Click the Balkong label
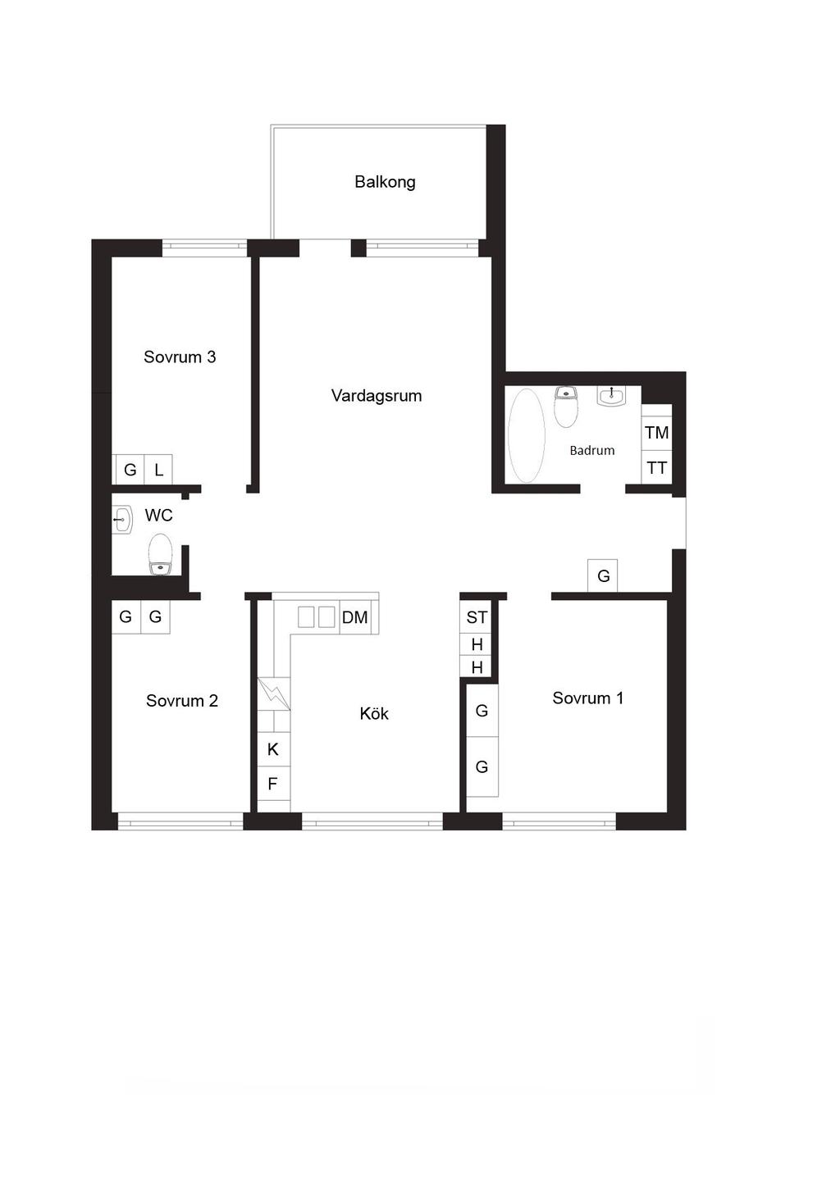click(385, 182)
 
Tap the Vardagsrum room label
click(377, 396)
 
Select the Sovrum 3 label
click(180, 357)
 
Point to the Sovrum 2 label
click(182, 701)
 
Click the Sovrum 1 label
click(587, 698)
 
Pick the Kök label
click(374, 714)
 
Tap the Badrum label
click(591, 450)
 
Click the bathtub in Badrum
click(526, 435)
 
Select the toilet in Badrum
click(566, 407)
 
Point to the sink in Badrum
click(611, 395)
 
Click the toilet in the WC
click(161, 554)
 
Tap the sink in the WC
click(122, 520)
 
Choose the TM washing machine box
click(656, 432)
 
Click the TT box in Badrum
click(656, 467)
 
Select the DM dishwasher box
click(354, 617)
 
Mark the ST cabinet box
click(477, 617)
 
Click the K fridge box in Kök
click(273, 749)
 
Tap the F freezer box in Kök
click(273, 783)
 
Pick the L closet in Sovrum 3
click(158, 469)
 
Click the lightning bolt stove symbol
click(274, 694)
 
